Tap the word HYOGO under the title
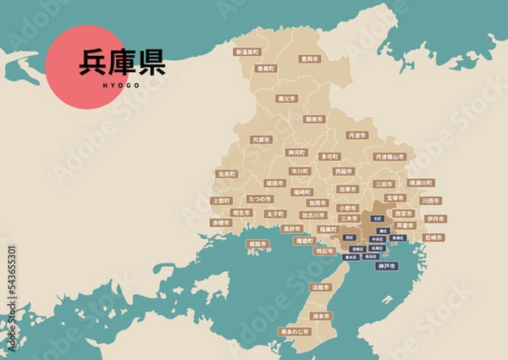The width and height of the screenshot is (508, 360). pos(122,85)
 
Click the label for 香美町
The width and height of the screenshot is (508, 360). pos(265,69)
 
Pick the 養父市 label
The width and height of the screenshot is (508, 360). pos(286,98)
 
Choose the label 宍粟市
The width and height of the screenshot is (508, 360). pos(261,139)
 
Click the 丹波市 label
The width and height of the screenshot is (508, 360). pos(357,136)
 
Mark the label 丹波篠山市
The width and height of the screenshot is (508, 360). pos(390,157)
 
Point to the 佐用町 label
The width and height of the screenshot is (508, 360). pos(227,174)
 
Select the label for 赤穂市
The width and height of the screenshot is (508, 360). pos(221,222)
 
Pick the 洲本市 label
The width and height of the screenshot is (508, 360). pos(320,316)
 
